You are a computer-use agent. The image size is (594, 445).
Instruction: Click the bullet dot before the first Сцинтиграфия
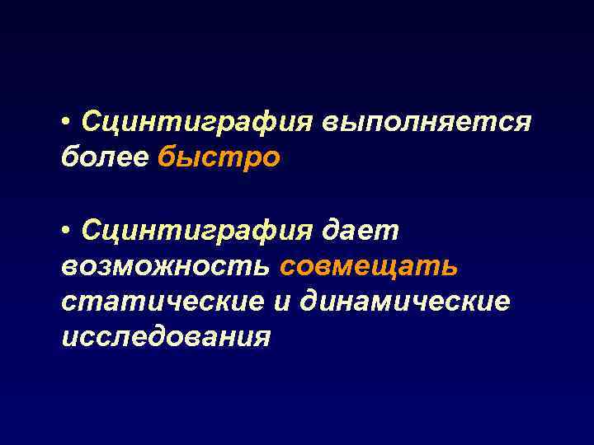pyautogui.click(x=66, y=124)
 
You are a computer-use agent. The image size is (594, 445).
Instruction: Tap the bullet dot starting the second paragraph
pyautogui.click(x=66, y=233)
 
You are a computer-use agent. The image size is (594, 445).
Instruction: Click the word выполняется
pyautogui.click(x=427, y=123)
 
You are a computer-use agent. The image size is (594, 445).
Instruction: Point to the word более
pyautogui.click(x=104, y=157)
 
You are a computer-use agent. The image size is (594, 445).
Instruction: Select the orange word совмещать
pyautogui.click(x=369, y=266)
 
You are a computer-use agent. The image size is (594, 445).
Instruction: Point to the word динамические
pyautogui.click(x=405, y=302)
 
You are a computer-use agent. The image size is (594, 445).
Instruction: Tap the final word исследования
pyautogui.click(x=165, y=336)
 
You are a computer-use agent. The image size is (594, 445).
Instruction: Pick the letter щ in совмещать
pyautogui.click(x=387, y=266)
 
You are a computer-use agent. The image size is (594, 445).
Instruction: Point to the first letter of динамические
pyautogui.click(x=309, y=302)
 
